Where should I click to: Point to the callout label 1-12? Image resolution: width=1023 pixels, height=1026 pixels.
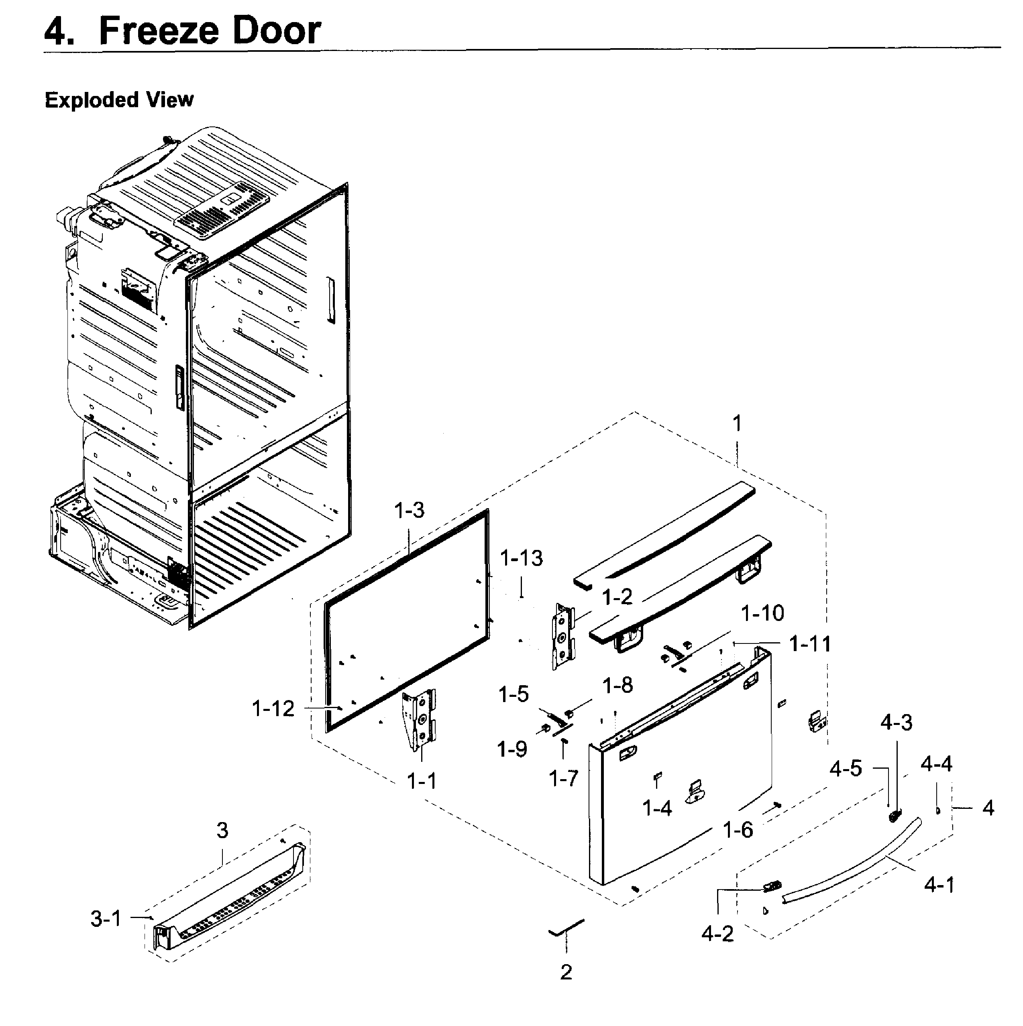pos(273,708)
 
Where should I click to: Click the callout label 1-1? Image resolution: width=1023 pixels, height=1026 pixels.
pos(421,781)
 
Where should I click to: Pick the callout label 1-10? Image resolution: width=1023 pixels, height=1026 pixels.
pos(762,613)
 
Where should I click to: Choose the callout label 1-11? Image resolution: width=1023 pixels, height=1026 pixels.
pos(810,644)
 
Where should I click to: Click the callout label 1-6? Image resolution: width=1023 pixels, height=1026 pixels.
pos(738,829)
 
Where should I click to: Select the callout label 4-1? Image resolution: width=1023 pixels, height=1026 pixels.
pos(939,885)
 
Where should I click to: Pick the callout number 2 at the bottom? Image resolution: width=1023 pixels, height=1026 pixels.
pos(566,972)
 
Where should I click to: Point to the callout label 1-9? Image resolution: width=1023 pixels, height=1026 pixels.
pos(512,749)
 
